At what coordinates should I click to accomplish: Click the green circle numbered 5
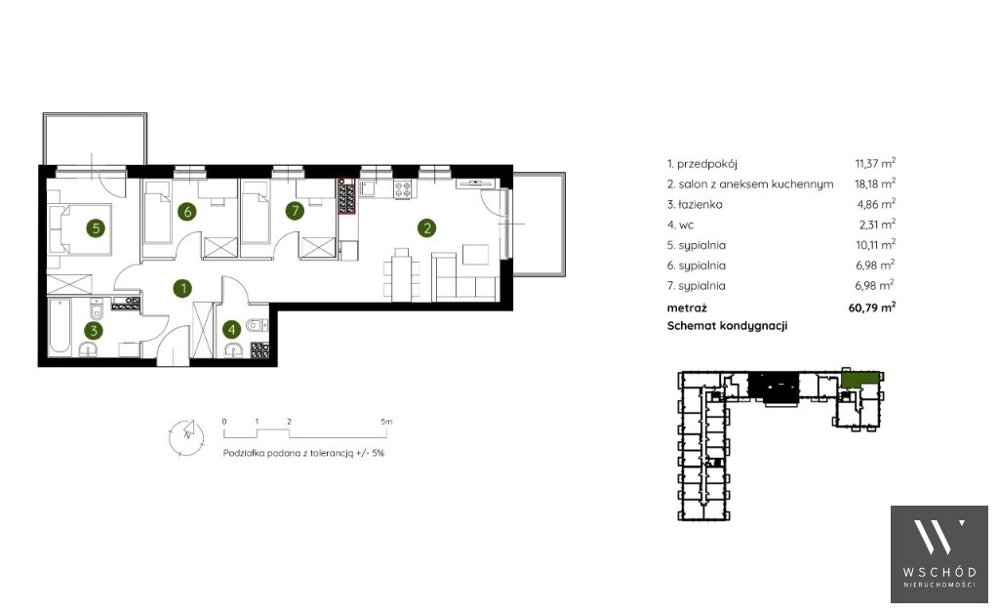[96, 227]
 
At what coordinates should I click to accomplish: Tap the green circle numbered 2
[426, 227]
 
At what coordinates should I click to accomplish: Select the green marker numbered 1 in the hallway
[183, 288]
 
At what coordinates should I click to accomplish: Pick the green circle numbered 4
[231, 329]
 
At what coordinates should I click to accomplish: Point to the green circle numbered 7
[294, 211]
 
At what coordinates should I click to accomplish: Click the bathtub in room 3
[61, 327]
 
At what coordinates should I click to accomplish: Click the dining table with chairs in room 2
[402, 273]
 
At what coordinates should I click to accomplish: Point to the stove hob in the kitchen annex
[403, 189]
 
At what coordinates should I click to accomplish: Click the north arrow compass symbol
[187, 437]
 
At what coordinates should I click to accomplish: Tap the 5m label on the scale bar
[386, 422]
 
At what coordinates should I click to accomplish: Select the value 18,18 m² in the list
[875, 184]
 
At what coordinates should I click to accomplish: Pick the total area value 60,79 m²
[872, 307]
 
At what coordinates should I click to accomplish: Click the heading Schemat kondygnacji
[727, 326]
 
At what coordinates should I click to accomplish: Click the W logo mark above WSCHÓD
[938, 536]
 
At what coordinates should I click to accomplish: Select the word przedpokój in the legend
[706, 164]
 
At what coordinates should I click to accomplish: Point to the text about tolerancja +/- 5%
[303, 453]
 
